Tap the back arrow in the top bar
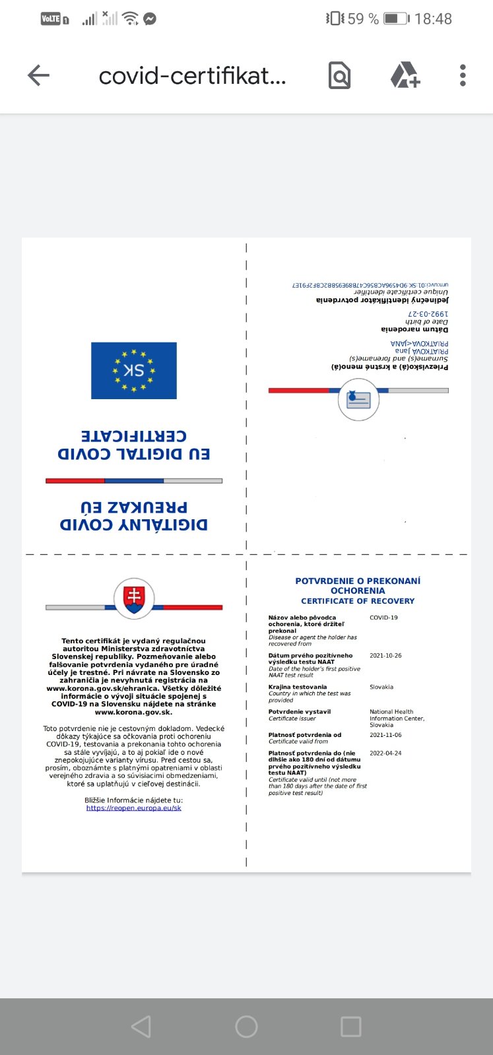[x=39, y=76]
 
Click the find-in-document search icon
[x=339, y=76]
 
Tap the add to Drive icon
[x=405, y=76]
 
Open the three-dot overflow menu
[x=463, y=76]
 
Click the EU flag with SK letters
[x=134, y=370]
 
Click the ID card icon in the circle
[x=358, y=399]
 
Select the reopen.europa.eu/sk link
[x=133, y=808]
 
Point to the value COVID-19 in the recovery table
[x=383, y=618]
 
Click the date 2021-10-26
[x=385, y=656]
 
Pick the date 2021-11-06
[x=385, y=735]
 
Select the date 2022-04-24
[x=385, y=753]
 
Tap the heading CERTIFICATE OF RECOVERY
[x=358, y=601]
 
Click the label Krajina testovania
[x=298, y=687]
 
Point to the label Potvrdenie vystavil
[x=300, y=711]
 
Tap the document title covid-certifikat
[x=192, y=77]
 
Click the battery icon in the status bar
[x=396, y=18]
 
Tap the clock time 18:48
[x=433, y=19]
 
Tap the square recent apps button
[x=350, y=1027]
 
